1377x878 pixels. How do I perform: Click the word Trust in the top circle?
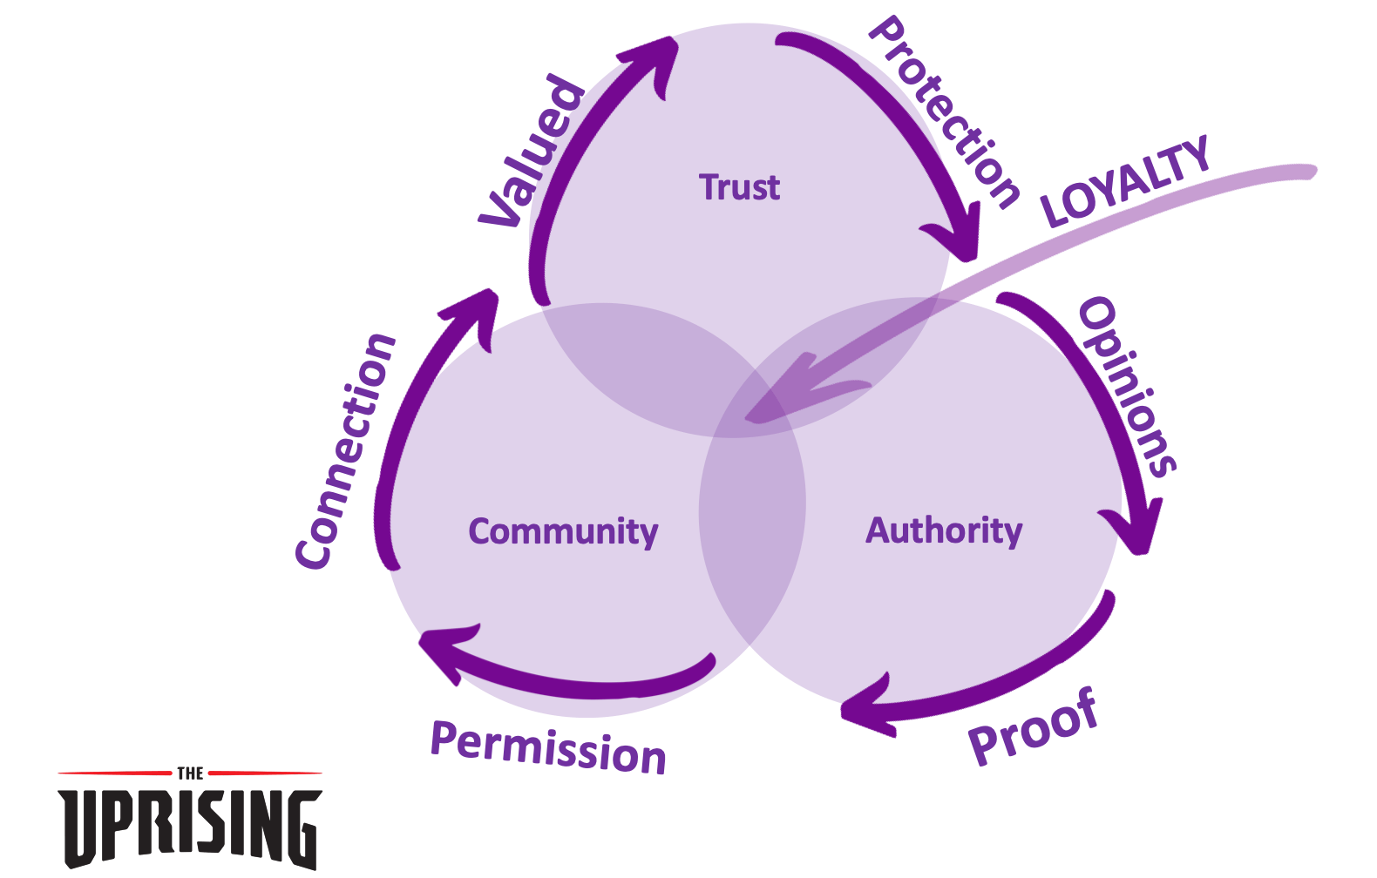[740, 186]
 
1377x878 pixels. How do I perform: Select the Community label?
[563, 532]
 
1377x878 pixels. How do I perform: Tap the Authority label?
[944, 530]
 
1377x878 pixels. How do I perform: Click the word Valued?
[532, 151]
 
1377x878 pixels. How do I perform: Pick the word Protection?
[945, 111]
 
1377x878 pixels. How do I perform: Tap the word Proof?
[1034, 726]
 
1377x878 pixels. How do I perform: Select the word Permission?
[548, 747]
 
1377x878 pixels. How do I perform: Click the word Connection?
[345, 451]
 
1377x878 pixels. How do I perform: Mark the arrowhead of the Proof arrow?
[867, 706]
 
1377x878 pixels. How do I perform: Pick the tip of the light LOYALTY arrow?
[746, 418]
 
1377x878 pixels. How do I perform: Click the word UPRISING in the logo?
[190, 829]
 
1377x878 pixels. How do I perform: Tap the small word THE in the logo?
[190, 773]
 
